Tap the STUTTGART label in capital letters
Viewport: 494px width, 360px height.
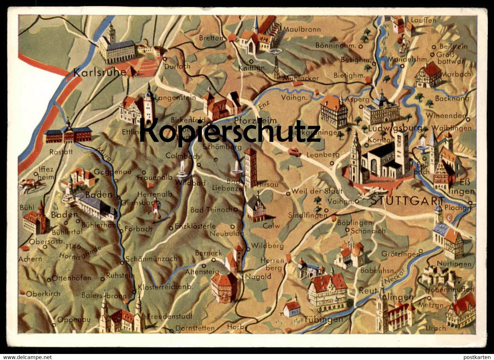407,201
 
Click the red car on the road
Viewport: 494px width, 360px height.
295,152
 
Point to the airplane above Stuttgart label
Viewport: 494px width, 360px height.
372,192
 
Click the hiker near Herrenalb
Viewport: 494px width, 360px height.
156,210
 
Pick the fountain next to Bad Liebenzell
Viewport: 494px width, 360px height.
236,169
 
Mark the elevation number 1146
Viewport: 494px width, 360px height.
72,246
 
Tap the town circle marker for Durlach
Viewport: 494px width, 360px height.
165,59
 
